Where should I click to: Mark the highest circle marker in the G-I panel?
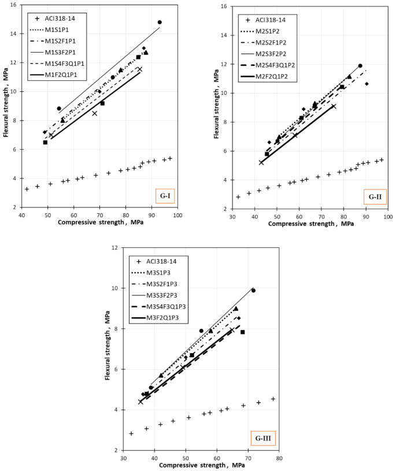point(160,22)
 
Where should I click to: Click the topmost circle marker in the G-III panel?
point(253,290)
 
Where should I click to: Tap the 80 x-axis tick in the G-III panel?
point(279,458)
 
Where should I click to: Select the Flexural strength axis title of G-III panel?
point(108,348)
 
